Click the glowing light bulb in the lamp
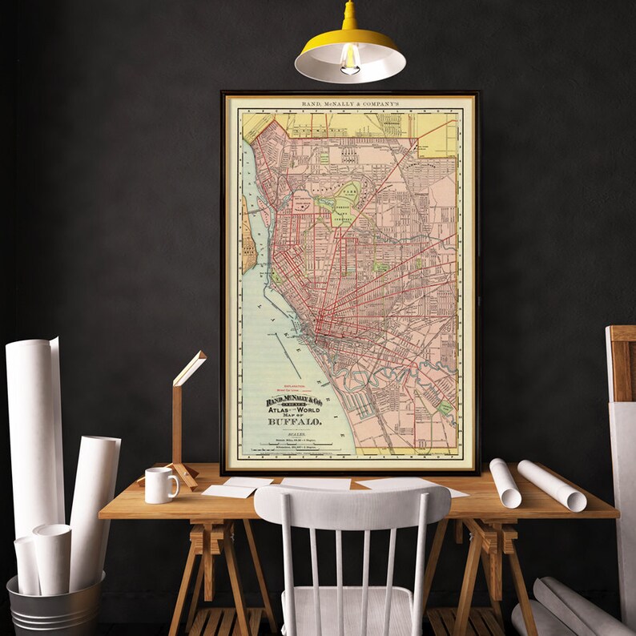coord(350,59)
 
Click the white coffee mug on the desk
coord(159,485)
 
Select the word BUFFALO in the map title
coord(295,421)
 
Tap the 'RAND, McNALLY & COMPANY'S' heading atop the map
coord(350,104)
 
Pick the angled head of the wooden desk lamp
coord(190,368)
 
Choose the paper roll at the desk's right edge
coord(551,485)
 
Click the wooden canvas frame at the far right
coord(621,401)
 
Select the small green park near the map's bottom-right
coord(445,408)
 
